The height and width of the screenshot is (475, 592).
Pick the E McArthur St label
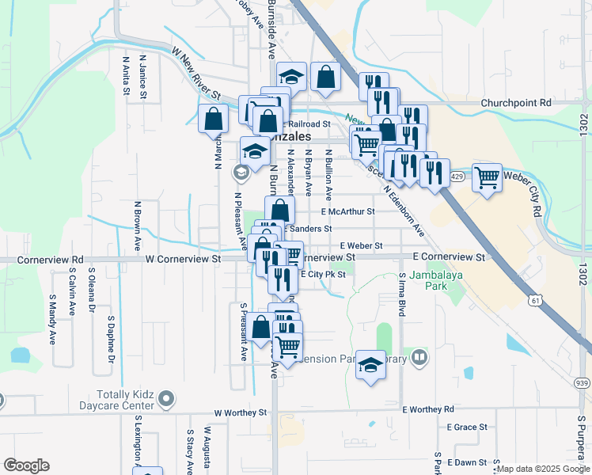point(347,212)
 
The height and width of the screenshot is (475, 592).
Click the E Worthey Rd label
point(428,409)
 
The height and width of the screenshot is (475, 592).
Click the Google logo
point(26,465)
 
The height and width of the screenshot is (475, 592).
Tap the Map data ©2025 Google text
point(543,469)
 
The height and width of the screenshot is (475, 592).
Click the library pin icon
point(419,358)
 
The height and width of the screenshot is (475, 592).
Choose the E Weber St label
point(361,246)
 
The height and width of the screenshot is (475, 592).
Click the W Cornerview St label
point(183,259)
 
